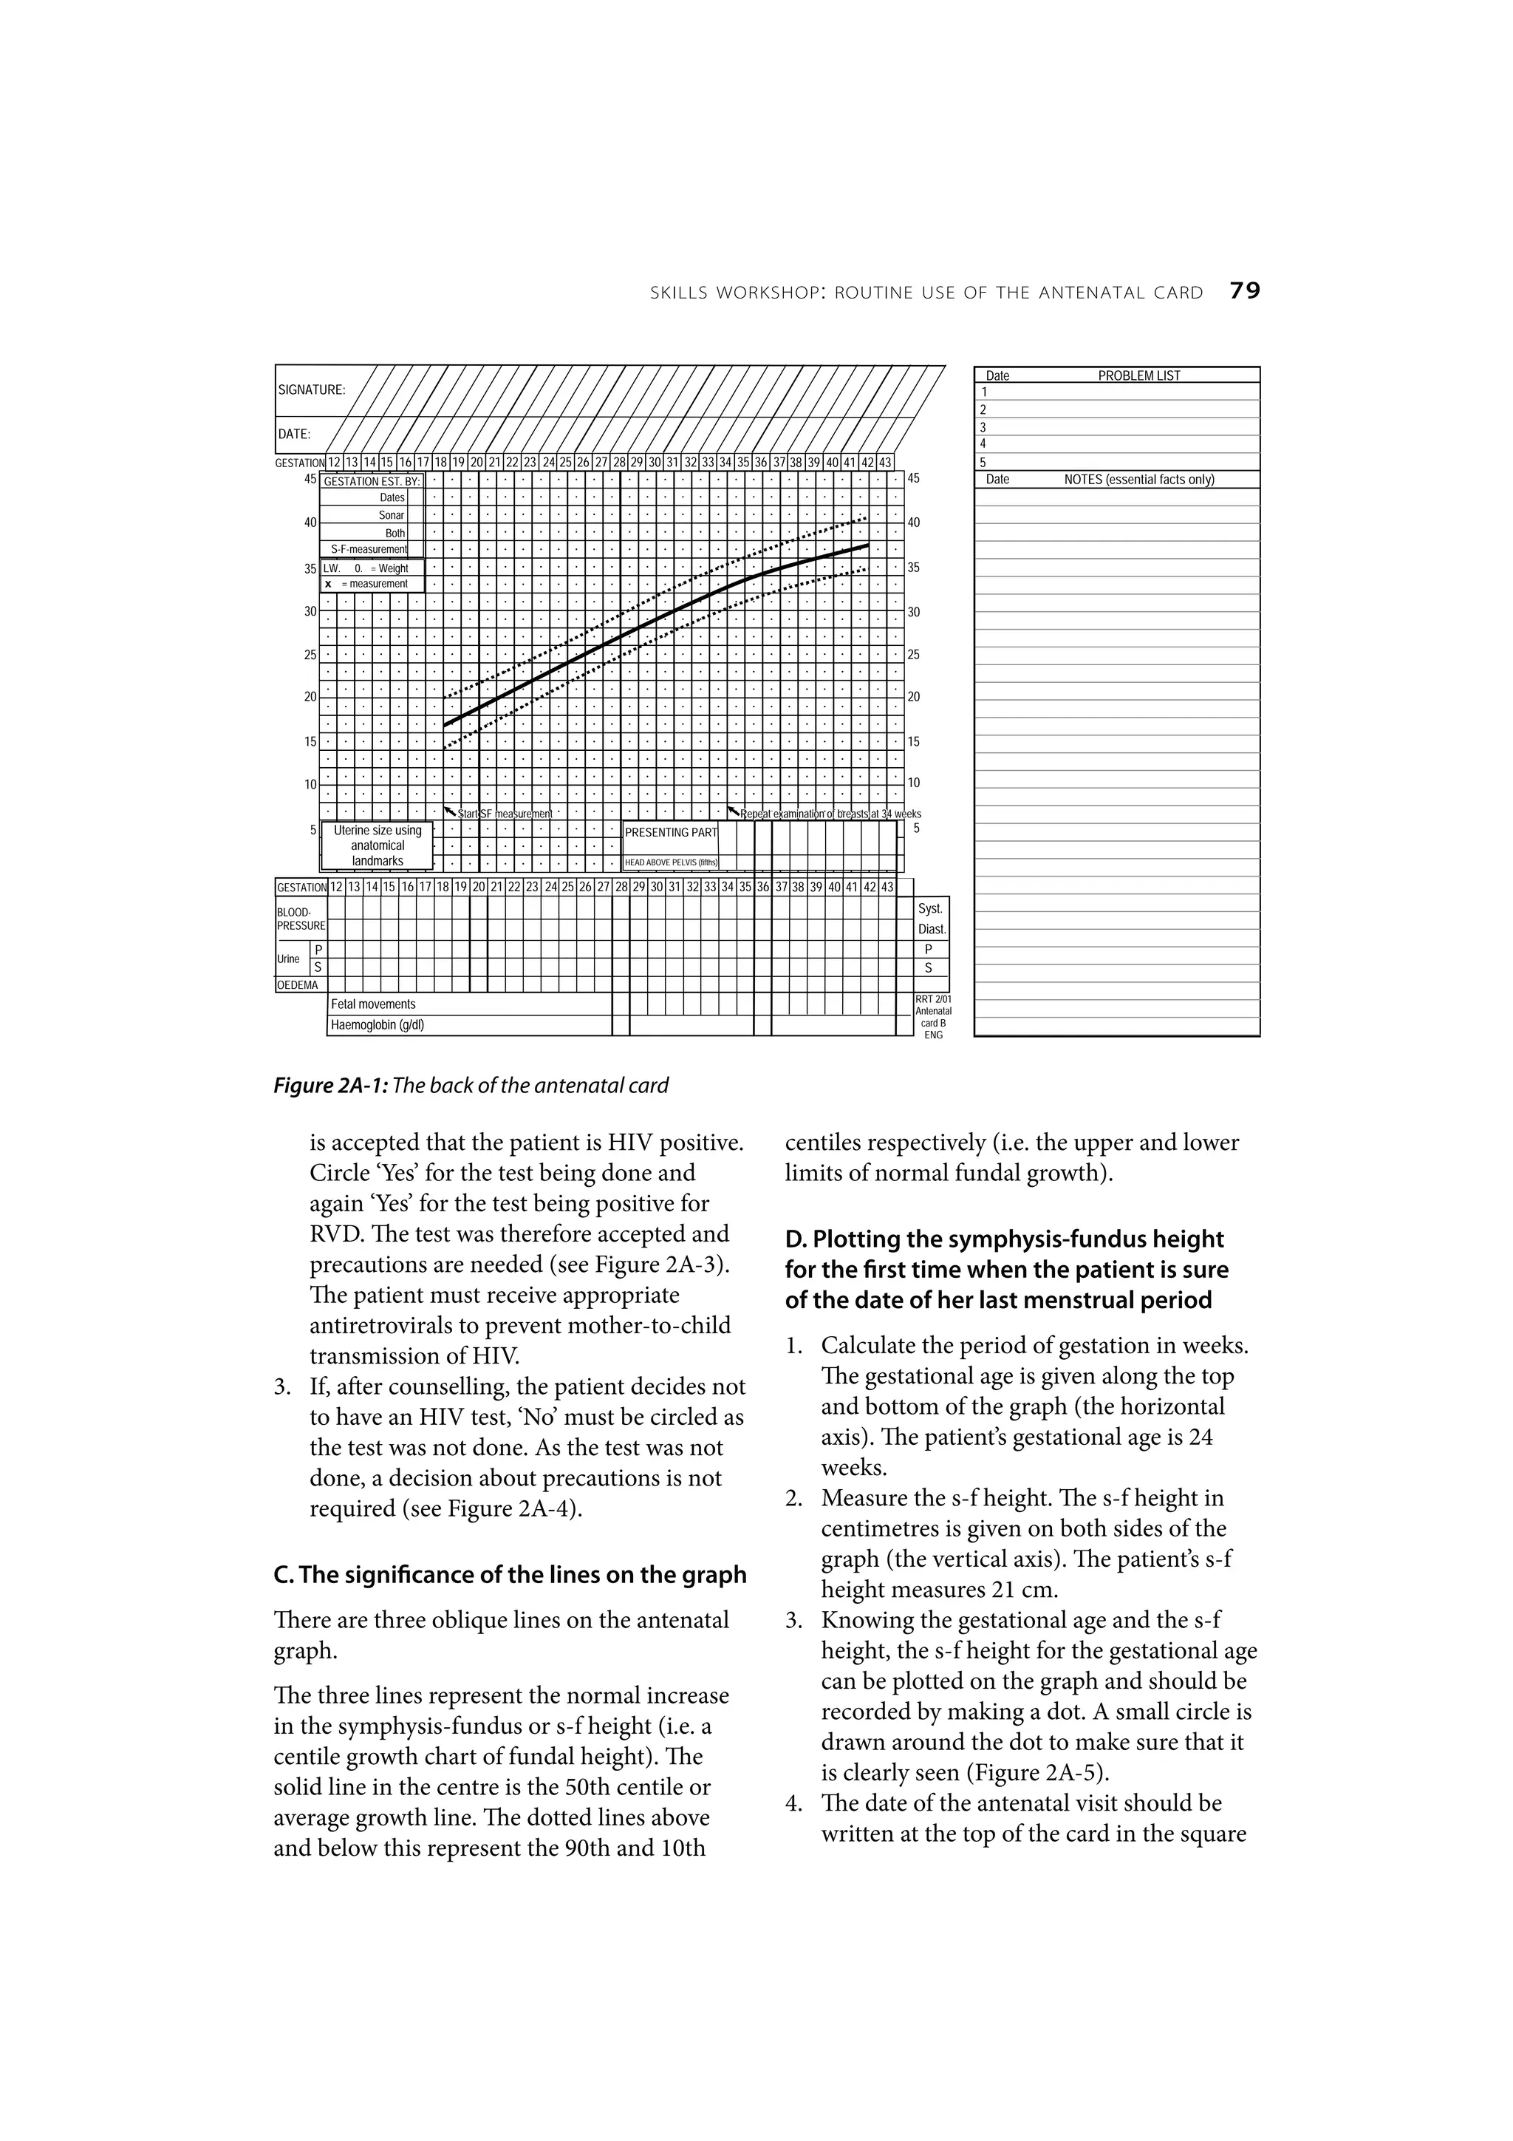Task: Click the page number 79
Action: (x=1245, y=291)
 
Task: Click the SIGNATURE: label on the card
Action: (x=311, y=389)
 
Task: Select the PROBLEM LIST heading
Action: (x=1138, y=375)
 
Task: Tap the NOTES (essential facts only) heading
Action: (x=1138, y=480)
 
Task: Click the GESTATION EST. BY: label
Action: (x=371, y=481)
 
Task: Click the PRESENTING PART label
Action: (x=670, y=831)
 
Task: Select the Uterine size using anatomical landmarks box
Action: (x=378, y=845)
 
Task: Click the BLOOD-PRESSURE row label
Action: (x=300, y=919)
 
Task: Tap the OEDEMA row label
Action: (x=298, y=984)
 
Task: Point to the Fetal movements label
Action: (x=373, y=1004)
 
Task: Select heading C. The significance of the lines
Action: (x=510, y=1574)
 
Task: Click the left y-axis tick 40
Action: (x=310, y=523)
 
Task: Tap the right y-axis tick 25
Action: (x=914, y=655)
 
